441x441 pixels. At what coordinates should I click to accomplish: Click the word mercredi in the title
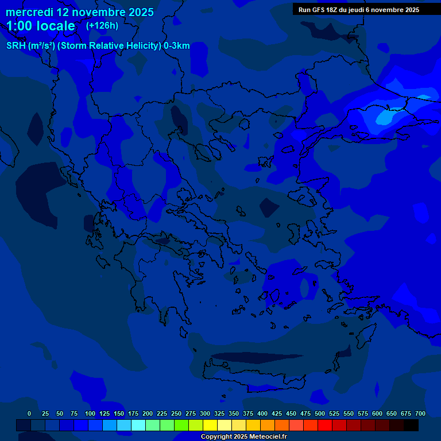click(x=29, y=12)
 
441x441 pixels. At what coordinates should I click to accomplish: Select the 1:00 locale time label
click(x=41, y=26)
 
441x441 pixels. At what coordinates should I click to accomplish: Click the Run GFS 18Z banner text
click(x=358, y=10)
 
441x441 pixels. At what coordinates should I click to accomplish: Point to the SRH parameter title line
click(x=98, y=46)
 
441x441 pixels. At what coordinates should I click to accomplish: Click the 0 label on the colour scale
click(x=29, y=413)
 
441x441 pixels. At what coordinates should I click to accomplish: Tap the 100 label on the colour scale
click(x=90, y=413)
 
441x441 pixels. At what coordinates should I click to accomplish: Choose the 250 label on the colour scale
click(x=176, y=413)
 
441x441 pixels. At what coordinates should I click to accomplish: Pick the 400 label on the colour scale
click(x=262, y=413)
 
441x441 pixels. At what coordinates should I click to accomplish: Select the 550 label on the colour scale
click(x=349, y=413)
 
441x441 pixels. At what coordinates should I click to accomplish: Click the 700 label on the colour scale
click(x=420, y=413)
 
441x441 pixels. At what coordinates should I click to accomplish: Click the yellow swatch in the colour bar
click(x=210, y=425)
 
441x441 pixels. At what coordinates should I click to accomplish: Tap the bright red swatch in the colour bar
click(x=325, y=425)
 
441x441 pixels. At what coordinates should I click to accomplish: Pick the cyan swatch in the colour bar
click(x=138, y=425)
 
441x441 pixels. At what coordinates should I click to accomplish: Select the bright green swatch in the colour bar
click(x=181, y=425)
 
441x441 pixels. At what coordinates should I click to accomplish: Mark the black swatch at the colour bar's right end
click(x=411, y=425)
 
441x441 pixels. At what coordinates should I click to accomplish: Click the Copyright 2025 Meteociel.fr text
click(x=243, y=437)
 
